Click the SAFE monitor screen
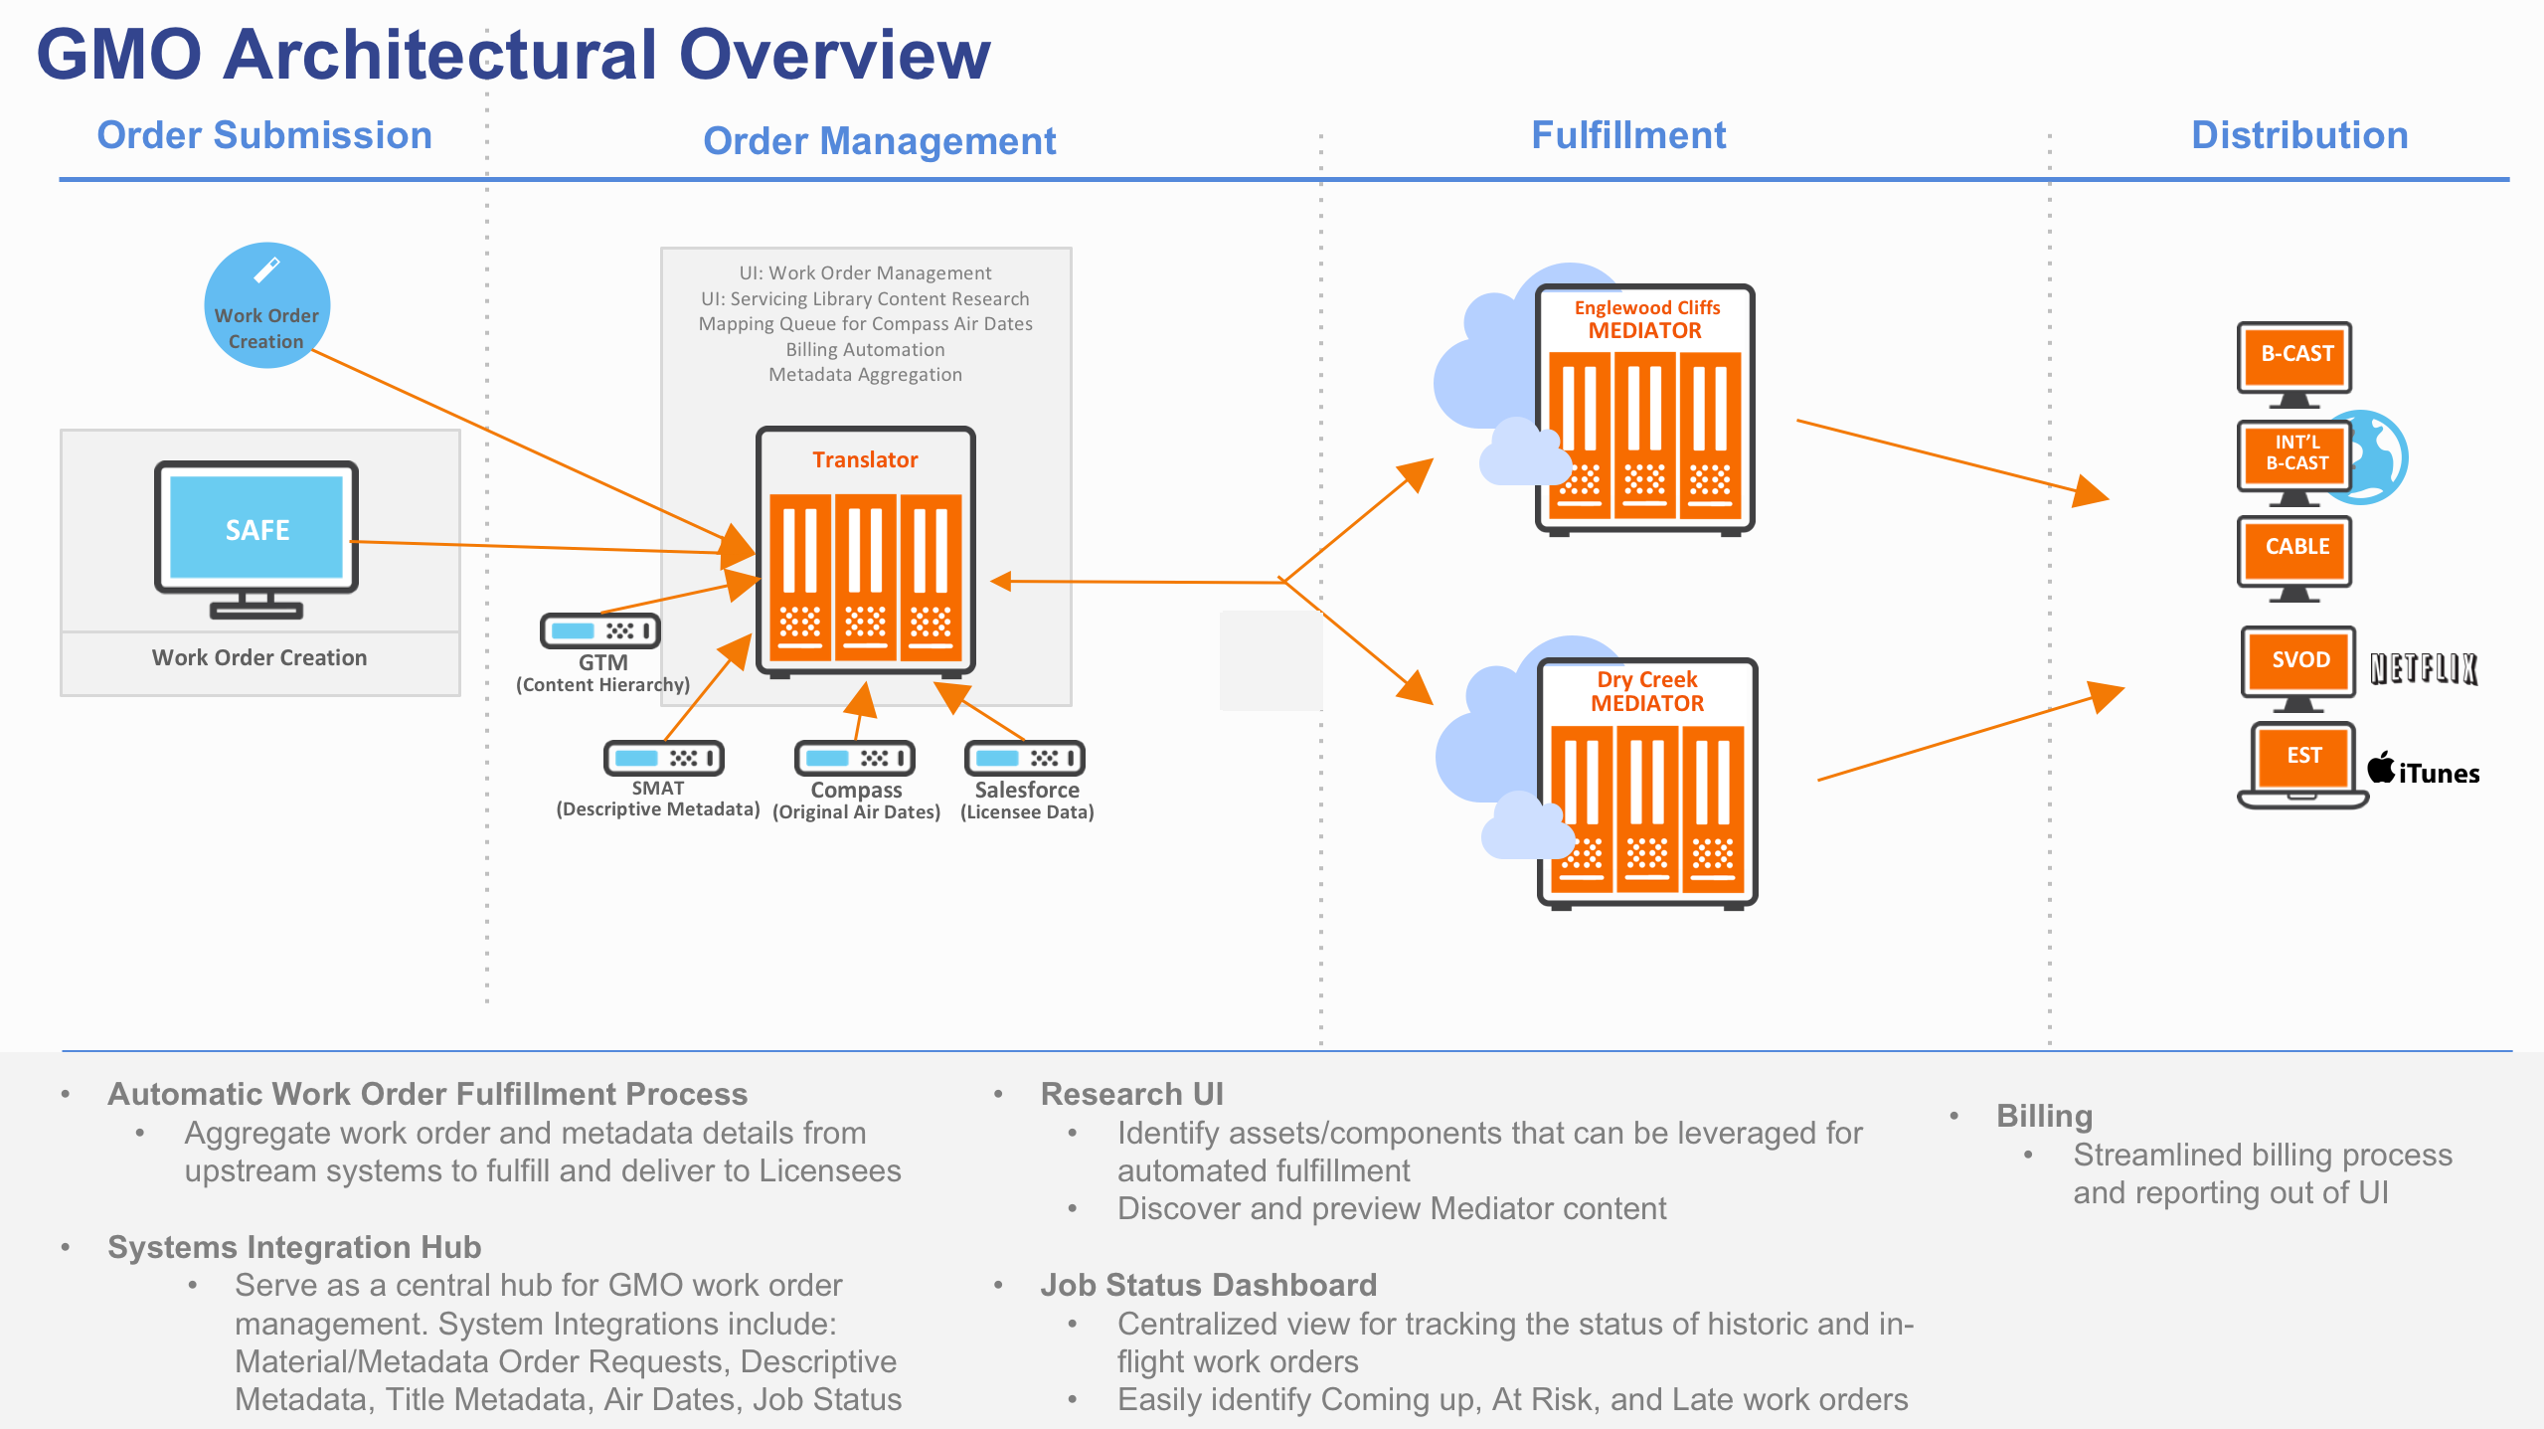(x=256, y=528)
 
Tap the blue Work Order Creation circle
(x=266, y=305)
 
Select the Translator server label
(x=865, y=459)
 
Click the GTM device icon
(x=600, y=630)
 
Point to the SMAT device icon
(x=663, y=758)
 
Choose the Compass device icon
(x=854, y=758)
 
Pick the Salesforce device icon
(x=1024, y=758)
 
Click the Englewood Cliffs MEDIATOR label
(x=1646, y=319)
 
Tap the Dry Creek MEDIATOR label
(x=1647, y=691)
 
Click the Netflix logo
(x=2423, y=668)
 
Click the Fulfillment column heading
(x=1627, y=135)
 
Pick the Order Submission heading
(x=264, y=135)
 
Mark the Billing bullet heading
(x=2044, y=1116)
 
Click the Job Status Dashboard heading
(x=1208, y=1285)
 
